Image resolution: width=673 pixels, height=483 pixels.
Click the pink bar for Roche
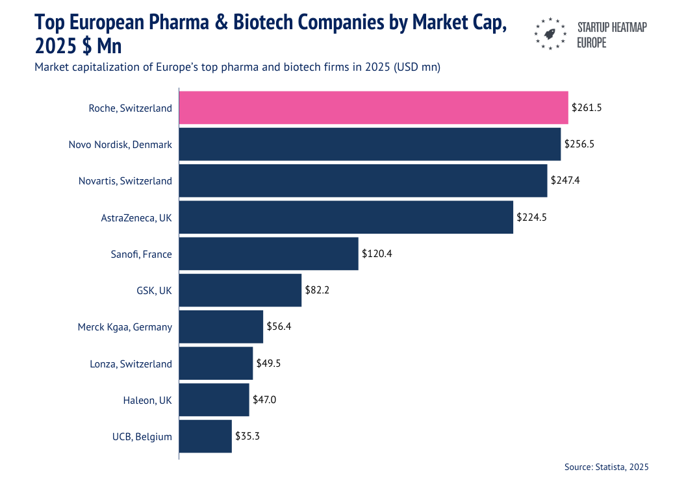374,108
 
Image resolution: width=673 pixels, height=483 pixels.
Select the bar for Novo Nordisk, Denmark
370,144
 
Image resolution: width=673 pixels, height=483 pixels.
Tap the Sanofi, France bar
268,254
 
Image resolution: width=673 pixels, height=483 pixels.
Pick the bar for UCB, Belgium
205,436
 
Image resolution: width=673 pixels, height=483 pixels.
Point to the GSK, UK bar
240,290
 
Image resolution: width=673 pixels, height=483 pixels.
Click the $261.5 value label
587,108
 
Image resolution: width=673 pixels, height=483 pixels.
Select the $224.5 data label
531,217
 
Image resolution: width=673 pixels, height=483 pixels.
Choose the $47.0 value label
264,400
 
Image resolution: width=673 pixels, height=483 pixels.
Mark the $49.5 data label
268,364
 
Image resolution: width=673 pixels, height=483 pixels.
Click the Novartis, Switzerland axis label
125,181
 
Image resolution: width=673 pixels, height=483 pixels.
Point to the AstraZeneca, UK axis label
136,217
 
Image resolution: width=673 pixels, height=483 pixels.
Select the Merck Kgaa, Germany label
125,327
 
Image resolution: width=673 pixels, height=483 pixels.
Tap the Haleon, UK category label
147,401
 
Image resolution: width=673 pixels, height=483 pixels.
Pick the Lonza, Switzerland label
131,364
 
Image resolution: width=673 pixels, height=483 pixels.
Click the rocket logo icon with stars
550,33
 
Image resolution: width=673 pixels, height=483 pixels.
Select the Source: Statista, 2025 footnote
606,467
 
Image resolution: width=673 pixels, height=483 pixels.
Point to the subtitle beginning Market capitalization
238,68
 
